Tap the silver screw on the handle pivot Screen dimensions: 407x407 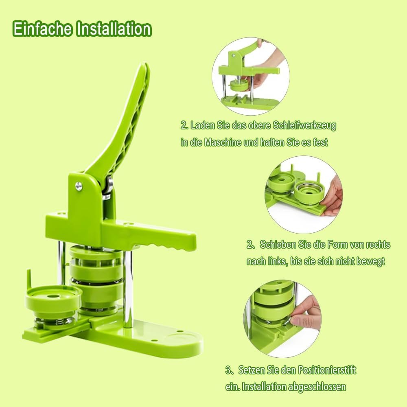click(x=79, y=186)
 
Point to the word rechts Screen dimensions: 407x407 click(x=378, y=245)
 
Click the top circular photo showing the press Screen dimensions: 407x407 click(x=251, y=76)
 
